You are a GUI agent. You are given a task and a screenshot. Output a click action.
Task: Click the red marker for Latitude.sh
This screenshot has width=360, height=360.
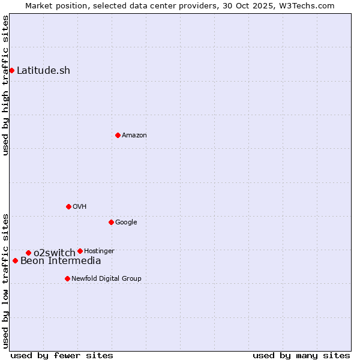[11, 71]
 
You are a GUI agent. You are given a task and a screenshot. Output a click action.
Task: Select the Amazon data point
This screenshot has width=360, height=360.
[118, 135]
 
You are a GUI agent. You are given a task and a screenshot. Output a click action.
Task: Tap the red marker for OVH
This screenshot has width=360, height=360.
[68, 206]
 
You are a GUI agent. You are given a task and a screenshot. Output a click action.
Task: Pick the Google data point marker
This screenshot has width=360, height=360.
[111, 222]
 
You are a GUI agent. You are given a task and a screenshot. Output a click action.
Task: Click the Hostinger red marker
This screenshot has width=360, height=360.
[80, 251]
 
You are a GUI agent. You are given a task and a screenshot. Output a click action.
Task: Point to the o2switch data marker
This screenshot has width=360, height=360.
[28, 253]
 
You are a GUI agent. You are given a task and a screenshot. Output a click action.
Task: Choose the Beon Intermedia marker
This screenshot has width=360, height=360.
[15, 260]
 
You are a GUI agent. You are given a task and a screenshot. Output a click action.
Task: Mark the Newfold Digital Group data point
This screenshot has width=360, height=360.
[67, 278]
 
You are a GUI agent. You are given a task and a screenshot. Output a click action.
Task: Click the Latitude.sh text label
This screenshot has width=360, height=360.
[43, 71]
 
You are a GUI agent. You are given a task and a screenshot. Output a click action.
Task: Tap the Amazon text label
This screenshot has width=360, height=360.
[134, 136]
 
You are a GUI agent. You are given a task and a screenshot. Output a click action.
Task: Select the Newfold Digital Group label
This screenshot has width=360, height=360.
[106, 278]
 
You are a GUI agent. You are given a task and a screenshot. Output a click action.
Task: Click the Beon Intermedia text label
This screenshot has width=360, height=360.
[61, 260]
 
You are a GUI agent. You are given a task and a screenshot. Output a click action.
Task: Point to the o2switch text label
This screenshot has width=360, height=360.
[54, 253]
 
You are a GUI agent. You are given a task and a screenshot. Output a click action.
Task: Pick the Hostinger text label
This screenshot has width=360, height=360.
[99, 251]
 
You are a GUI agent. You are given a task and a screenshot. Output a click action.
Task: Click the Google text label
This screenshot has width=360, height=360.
[126, 223]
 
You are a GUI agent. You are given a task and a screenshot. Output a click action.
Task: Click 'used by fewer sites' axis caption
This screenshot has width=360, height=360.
[62, 355]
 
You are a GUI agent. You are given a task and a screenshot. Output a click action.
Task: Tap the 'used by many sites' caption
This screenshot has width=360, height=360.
[301, 355]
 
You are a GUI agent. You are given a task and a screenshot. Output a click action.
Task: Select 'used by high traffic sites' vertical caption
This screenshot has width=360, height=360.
[5, 85]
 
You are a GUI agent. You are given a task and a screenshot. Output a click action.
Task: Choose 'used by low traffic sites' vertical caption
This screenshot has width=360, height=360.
[5, 281]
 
